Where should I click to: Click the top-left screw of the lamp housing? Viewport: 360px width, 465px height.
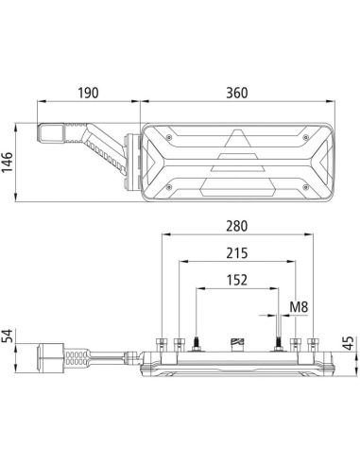(x=167, y=136)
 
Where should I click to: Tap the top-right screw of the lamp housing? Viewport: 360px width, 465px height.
(x=309, y=136)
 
